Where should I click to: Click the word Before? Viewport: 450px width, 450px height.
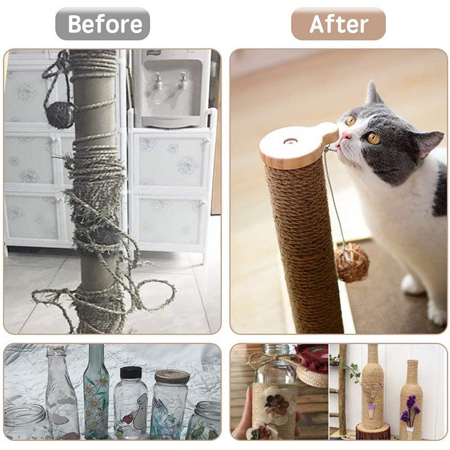(x=105, y=24)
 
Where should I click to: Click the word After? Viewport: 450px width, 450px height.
(x=339, y=24)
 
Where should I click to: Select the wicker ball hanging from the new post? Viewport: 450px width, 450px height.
(x=351, y=264)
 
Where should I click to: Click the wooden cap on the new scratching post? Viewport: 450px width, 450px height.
(x=299, y=145)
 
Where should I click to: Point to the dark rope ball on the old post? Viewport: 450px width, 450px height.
(x=60, y=115)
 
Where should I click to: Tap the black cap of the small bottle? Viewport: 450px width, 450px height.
(x=130, y=373)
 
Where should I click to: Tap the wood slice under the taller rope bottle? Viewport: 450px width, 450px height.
(x=373, y=431)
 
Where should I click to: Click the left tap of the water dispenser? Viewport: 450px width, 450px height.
(x=157, y=80)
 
